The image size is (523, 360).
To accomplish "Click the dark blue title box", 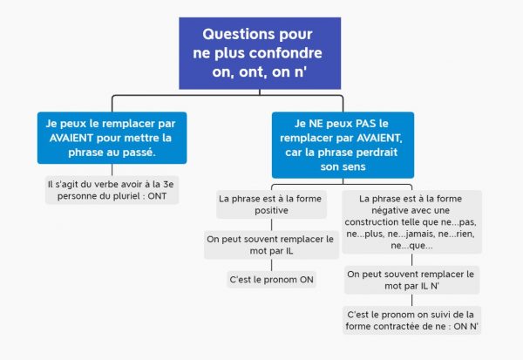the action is click(x=260, y=53).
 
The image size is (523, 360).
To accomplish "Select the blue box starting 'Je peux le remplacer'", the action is click(x=112, y=138).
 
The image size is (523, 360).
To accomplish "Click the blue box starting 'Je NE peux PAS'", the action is click(x=343, y=146).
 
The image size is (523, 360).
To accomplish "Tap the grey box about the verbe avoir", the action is click(x=112, y=190).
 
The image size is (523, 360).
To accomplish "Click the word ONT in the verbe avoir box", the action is click(x=157, y=196).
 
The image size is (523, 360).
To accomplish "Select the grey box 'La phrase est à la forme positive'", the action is click(x=271, y=204).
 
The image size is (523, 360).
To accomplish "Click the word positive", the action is click(x=271, y=211).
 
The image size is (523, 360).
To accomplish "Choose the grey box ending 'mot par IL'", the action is click(x=271, y=245).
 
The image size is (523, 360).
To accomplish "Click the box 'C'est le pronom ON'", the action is click(x=271, y=280).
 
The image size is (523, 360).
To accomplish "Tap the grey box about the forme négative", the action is click(x=412, y=222).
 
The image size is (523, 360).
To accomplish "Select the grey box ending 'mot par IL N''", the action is click(x=412, y=280).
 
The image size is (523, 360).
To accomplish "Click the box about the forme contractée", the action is click(x=412, y=320).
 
